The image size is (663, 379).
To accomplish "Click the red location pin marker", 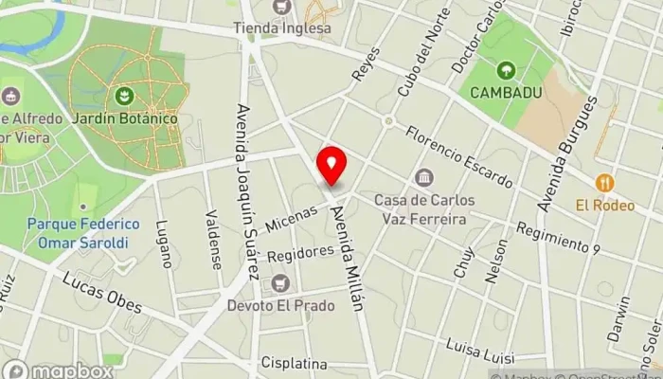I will (331, 165).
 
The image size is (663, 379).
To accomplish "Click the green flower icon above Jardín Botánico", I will (122, 96).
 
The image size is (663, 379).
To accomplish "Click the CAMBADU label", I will (507, 93).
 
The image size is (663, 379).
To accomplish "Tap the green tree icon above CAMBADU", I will (507, 69).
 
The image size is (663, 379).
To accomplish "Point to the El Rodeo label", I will (604, 204).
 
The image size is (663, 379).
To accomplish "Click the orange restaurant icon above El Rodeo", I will (604, 182).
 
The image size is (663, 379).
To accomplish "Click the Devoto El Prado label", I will (279, 306).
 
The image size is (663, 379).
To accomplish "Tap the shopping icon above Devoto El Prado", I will (279, 283).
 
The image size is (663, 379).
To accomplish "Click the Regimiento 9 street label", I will (558, 239).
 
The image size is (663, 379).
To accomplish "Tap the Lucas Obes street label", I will (102, 293).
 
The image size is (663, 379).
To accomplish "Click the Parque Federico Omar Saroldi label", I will (83, 233).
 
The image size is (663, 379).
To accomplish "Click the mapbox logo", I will (58, 370).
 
